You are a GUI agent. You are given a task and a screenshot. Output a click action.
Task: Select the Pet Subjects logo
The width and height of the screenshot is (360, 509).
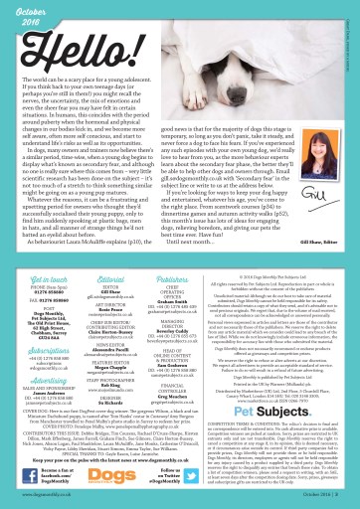[290, 408]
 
